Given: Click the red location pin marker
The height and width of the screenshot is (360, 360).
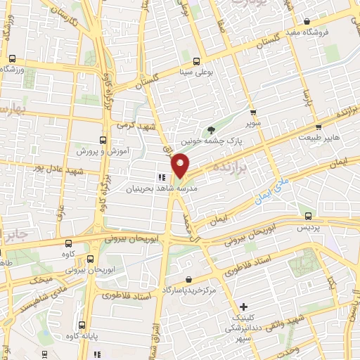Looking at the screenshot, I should [x=181, y=165].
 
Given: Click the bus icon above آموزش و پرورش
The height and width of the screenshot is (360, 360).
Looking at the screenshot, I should [x=104, y=140].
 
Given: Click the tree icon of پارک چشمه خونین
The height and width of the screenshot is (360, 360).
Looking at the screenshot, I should [x=212, y=129].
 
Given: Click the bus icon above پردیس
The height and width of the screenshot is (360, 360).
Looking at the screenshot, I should [x=309, y=216].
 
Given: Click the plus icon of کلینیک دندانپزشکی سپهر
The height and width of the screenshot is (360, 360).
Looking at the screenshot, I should [x=243, y=307].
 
